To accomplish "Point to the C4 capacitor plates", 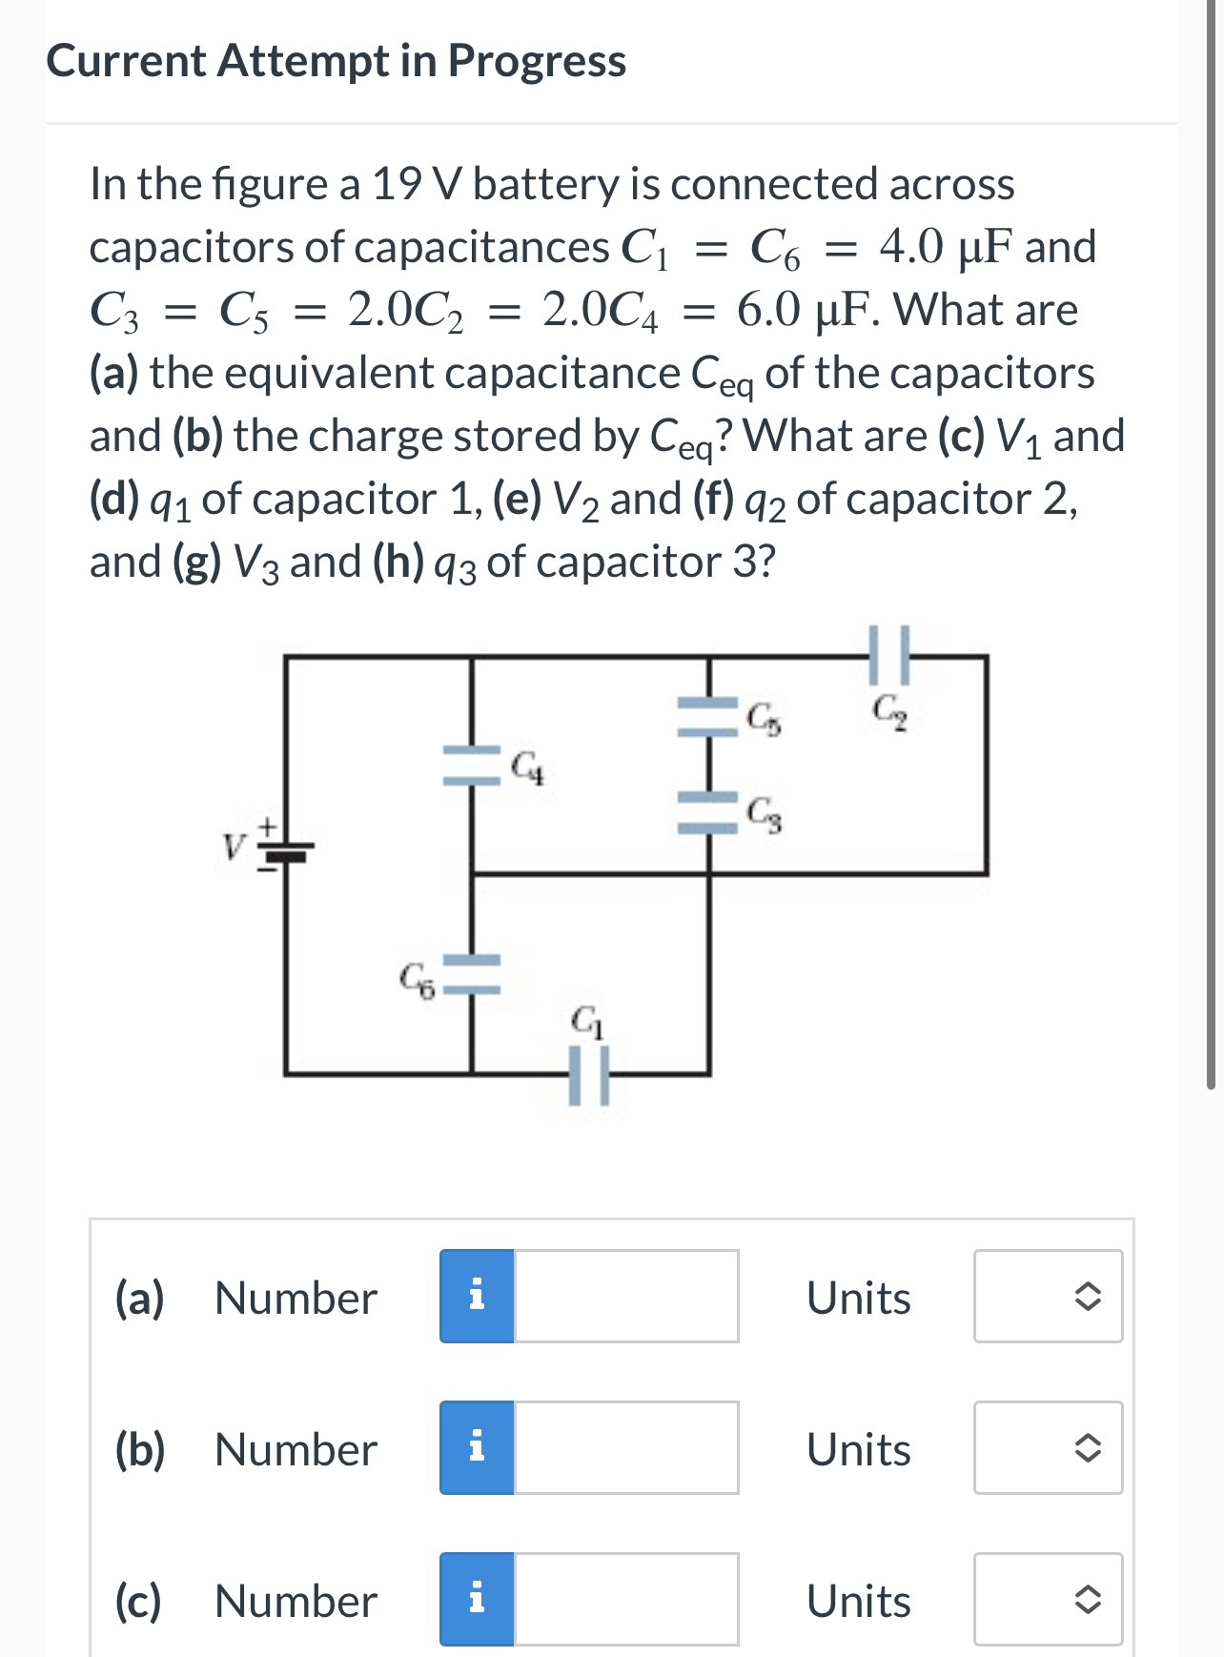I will pyautogui.click(x=471, y=765).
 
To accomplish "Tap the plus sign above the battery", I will pyautogui.click(x=269, y=822).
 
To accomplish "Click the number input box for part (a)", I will pyautogui.click(x=625, y=1297).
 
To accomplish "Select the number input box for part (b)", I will pyautogui.click(x=625, y=1447).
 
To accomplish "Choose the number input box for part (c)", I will pyautogui.click(x=625, y=1599).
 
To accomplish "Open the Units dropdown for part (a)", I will pyautogui.click(x=1048, y=1297).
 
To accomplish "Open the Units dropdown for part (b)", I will pyautogui.click(x=1048, y=1447).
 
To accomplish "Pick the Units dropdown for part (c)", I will pyautogui.click(x=1048, y=1599).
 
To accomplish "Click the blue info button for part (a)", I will pyautogui.click(x=478, y=1297).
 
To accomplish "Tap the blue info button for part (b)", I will pyautogui.click(x=478, y=1447).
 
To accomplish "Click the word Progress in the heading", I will pyautogui.click(x=537, y=61).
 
